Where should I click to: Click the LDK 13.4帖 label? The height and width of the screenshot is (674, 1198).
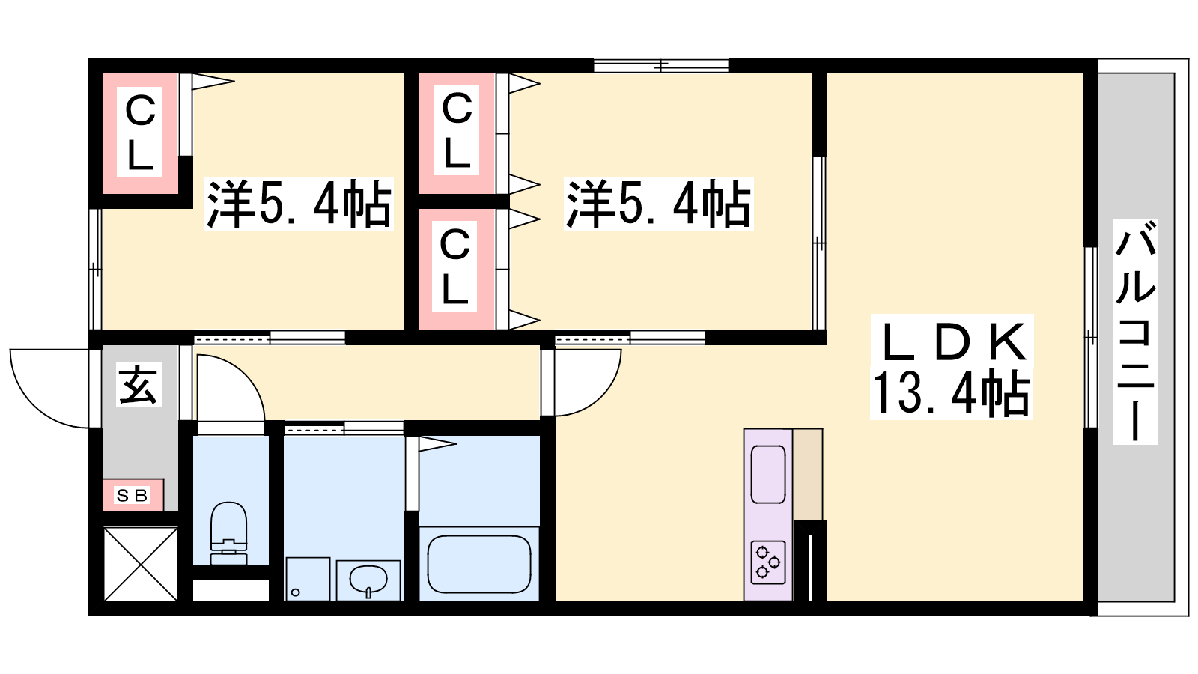952,367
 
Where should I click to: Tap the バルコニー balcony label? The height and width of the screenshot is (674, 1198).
1135,332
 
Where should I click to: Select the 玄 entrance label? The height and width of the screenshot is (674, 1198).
138,385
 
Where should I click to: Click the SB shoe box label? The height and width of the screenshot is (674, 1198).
132,495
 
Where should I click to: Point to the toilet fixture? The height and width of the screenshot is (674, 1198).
229,533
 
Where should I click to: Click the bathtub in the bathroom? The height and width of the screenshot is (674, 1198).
479,564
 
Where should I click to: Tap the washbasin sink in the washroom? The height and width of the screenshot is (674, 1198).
368,580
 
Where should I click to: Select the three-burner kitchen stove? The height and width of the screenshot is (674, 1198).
768,562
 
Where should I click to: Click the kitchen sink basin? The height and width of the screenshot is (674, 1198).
768,475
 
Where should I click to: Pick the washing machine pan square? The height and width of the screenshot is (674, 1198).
308,580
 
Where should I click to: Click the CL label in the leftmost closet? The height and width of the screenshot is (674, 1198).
140,132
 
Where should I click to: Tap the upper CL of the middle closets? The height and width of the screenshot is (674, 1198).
457,130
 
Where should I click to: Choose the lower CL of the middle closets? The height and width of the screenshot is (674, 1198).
454,265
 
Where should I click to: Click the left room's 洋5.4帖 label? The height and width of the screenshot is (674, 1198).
299,204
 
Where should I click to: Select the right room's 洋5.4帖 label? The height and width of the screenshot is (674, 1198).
659,204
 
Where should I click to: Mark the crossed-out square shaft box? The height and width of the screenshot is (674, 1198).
140,564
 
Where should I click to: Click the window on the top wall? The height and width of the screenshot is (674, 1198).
661,66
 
